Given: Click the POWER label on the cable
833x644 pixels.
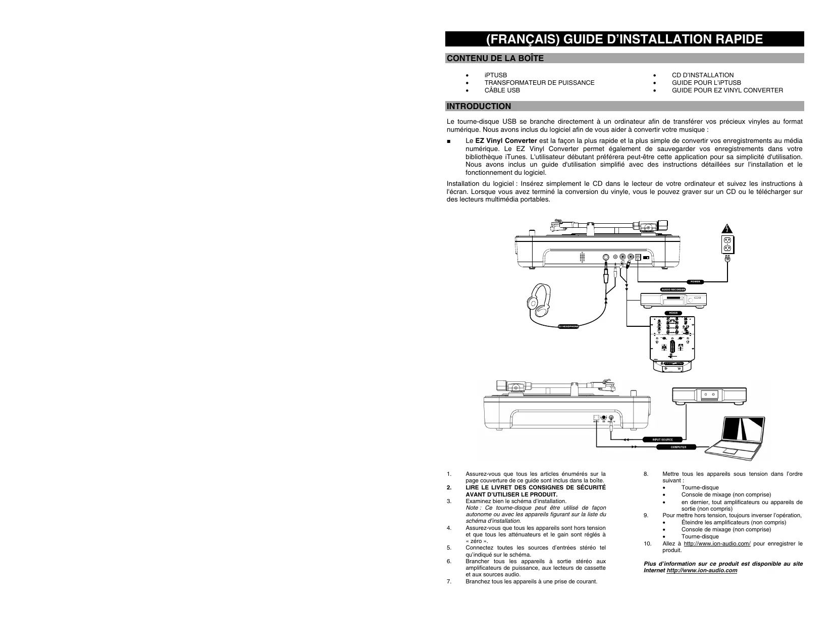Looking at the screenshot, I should point(697,281).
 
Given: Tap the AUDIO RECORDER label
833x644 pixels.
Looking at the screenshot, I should point(673,289).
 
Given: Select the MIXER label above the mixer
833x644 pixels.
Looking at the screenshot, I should point(672,313).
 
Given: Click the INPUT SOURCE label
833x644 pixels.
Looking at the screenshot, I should point(662,439).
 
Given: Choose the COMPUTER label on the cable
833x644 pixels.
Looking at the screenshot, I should point(678,447).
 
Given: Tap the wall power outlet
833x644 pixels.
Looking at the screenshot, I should point(727,244).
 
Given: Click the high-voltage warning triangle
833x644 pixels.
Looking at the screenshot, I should point(726,227).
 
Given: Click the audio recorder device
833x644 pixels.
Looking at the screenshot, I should point(673,300).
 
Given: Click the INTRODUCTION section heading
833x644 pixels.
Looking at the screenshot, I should point(479,106).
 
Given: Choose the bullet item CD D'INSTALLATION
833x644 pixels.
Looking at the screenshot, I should point(702,75).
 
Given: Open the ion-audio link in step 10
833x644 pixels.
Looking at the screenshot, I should point(717,543).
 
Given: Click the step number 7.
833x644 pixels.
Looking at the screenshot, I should point(448,581).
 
